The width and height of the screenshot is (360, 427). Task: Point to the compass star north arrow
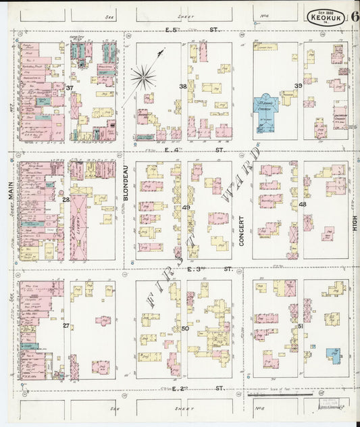pyautogui.click(x=143, y=76)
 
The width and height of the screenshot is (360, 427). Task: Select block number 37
pyautogui.click(x=70, y=88)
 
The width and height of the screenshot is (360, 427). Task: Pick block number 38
pyautogui.click(x=182, y=86)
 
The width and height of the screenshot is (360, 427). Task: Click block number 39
pyautogui.click(x=298, y=86)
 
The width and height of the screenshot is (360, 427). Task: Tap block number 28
pyautogui.click(x=66, y=200)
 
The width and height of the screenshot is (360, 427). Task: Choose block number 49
pyautogui.click(x=185, y=207)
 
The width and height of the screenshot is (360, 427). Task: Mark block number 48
pyautogui.click(x=302, y=204)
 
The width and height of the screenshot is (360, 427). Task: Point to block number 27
pyautogui.click(x=66, y=326)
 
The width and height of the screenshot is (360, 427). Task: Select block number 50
pyautogui.click(x=185, y=328)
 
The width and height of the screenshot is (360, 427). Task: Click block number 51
pyautogui.click(x=300, y=326)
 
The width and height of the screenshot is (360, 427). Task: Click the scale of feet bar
pyautogui.click(x=280, y=394)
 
